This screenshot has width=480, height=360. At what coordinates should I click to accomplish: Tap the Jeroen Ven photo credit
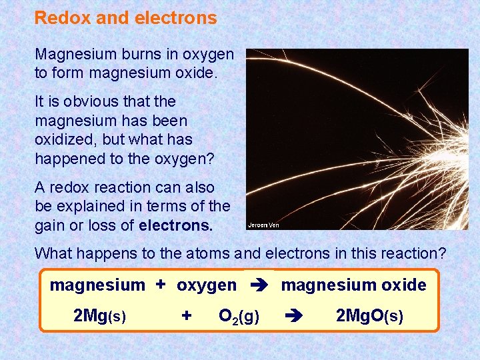(263, 225)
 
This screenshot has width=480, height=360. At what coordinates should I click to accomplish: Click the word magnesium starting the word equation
(97, 285)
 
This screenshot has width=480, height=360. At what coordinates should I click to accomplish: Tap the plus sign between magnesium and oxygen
(161, 285)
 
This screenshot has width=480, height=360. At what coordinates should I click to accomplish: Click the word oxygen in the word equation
(207, 285)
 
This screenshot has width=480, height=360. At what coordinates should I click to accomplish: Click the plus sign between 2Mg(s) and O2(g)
(187, 315)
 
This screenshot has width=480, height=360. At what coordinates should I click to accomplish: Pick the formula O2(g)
(239, 316)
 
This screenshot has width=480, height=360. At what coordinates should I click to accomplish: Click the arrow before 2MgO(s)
(294, 315)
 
